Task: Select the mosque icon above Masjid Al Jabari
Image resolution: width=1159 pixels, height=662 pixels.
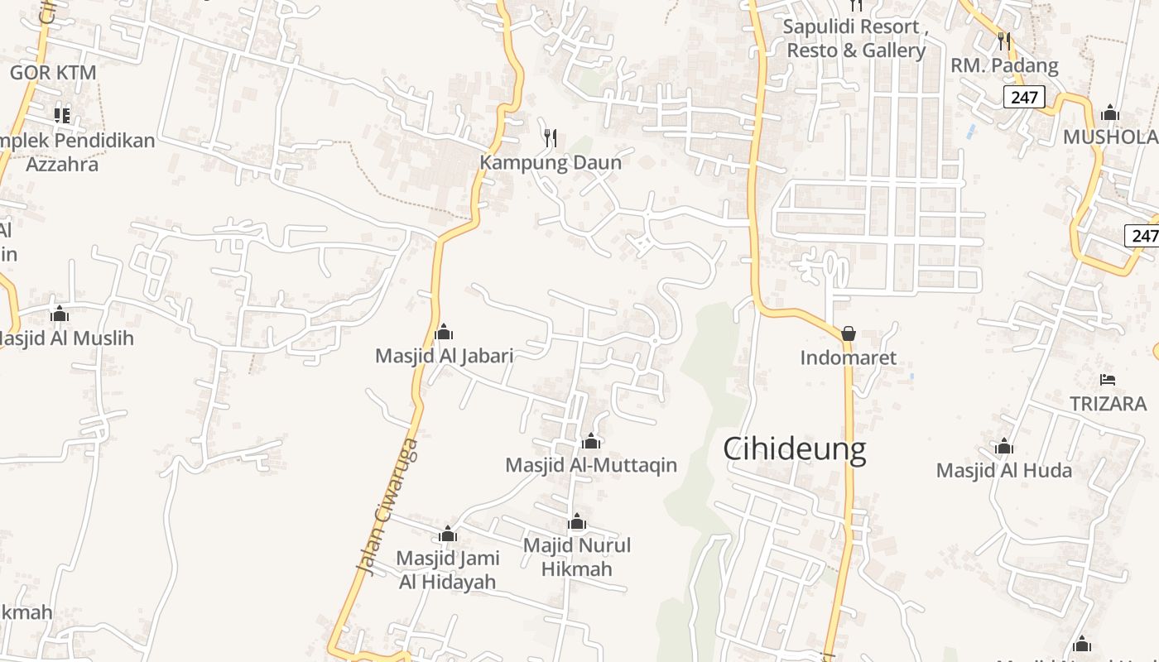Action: [444, 333]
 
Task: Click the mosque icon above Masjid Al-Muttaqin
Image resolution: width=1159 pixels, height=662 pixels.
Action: [591, 441]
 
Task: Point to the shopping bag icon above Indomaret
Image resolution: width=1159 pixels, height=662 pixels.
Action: [849, 333]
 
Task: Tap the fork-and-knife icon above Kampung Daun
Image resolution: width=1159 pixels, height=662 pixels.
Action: [551, 137]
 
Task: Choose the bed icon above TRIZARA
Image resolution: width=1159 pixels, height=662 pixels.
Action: [1108, 380]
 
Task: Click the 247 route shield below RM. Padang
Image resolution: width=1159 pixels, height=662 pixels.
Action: [1024, 97]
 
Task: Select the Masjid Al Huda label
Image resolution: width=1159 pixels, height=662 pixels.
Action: [1003, 471]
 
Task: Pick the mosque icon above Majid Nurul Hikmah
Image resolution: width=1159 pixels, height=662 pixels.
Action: [577, 522]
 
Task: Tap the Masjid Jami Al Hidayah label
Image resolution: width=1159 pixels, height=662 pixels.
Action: [448, 569]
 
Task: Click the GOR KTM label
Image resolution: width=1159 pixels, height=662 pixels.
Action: [53, 73]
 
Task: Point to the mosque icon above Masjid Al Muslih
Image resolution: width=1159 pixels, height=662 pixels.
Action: [59, 314]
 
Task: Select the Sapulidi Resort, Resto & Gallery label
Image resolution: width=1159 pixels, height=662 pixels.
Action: [855, 38]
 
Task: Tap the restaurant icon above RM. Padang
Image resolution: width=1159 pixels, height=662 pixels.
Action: [1004, 41]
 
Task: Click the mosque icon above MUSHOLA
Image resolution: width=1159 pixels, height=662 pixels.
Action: [1110, 113]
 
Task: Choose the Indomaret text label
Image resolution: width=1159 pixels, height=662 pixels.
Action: [848, 358]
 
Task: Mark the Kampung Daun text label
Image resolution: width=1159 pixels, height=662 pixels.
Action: [551, 162]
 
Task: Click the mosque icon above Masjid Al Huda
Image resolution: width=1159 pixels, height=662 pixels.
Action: [1004, 448]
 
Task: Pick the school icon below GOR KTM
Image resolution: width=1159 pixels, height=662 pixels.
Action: [62, 115]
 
